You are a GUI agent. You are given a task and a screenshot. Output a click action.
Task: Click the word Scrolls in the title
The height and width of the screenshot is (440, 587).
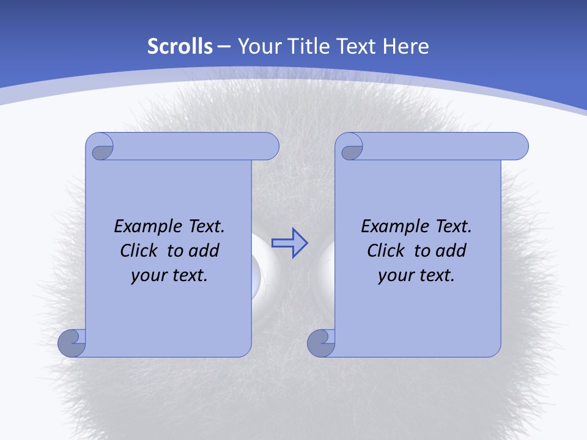pyautogui.click(x=180, y=46)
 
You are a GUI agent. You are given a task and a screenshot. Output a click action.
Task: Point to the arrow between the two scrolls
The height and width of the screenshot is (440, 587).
pyautogui.click(x=289, y=243)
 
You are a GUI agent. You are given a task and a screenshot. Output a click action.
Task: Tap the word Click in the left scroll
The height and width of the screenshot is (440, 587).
pyautogui.click(x=134, y=251)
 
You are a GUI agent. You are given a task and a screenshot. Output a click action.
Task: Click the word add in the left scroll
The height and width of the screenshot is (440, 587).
pyautogui.click(x=204, y=251)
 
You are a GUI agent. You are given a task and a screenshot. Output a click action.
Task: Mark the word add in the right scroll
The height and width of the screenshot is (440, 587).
pyautogui.click(x=451, y=251)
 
